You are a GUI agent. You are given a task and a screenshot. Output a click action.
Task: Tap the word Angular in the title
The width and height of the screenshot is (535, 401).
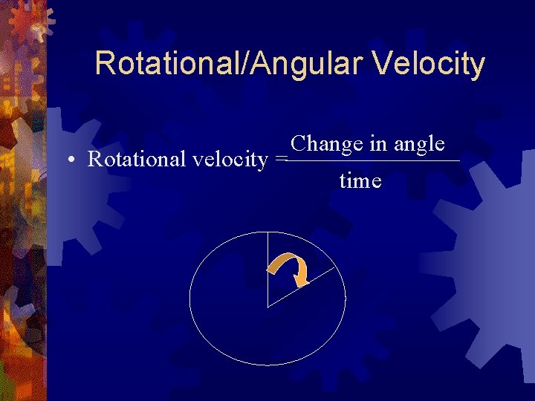313,65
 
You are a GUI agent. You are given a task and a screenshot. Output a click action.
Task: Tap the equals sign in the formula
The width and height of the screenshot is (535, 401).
280,160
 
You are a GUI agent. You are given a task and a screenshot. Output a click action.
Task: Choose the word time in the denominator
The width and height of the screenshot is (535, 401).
360,180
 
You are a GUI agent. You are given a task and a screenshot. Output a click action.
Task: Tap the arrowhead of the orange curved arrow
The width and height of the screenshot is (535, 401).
300,280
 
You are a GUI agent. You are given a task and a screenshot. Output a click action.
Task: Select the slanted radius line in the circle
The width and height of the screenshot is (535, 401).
301,287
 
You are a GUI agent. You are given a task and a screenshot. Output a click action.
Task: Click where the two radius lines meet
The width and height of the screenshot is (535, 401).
267,306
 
